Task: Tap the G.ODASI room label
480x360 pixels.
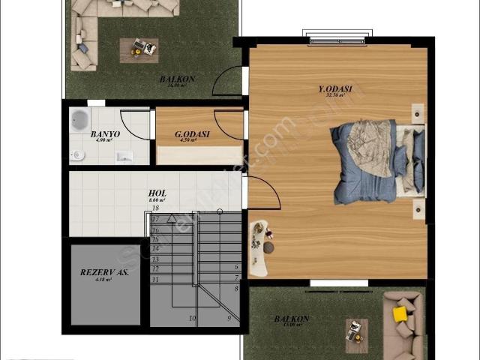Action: pyautogui.click(x=192, y=135)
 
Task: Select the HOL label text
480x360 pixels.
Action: pyautogui.click(x=157, y=193)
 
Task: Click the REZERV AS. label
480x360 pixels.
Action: pyautogui.click(x=104, y=272)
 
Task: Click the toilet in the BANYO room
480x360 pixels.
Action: pyautogui.click(x=77, y=155)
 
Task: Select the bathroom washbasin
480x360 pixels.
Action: pyautogui.click(x=124, y=156)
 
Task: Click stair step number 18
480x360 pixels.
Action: pyautogui.click(x=155, y=208)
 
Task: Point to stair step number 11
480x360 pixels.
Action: pyautogui.click(x=155, y=279)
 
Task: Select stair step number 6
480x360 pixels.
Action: pyautogui.click(x=237, y=267)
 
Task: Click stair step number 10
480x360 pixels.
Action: pyautogui.click(x=192, y=319)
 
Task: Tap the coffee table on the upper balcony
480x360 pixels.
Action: pyautogui.click(x=139, y=49)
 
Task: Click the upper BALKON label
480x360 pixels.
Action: pyautogui.click(x=177, y=79)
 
